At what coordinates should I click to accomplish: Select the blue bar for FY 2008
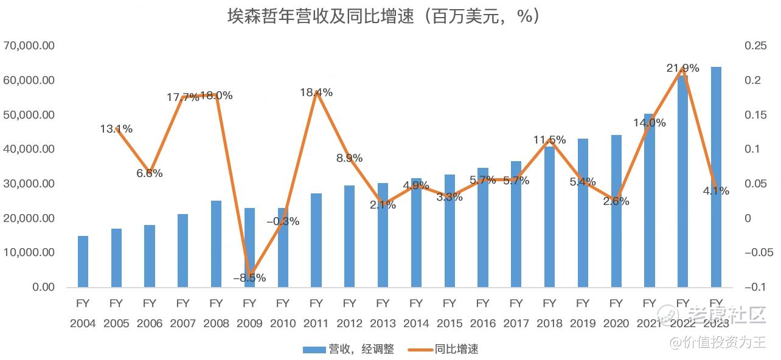[216, 243]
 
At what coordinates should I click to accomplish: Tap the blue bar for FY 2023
[716, 176]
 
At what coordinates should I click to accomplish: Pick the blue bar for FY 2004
[83, 261]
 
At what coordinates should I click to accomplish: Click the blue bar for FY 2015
[450, 231]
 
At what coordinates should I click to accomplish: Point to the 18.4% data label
[316, 92]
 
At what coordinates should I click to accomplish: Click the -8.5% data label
[249, 278]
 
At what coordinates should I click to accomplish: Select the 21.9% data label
[682, 68]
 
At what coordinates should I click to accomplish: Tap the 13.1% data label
[116, 129]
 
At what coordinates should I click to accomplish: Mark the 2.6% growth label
[616, 201]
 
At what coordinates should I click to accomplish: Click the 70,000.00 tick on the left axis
[29, 46]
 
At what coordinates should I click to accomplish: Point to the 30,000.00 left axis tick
[29, 184]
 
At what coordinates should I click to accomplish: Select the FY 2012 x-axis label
[349, 313]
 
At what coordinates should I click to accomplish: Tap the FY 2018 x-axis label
[549, 313]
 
